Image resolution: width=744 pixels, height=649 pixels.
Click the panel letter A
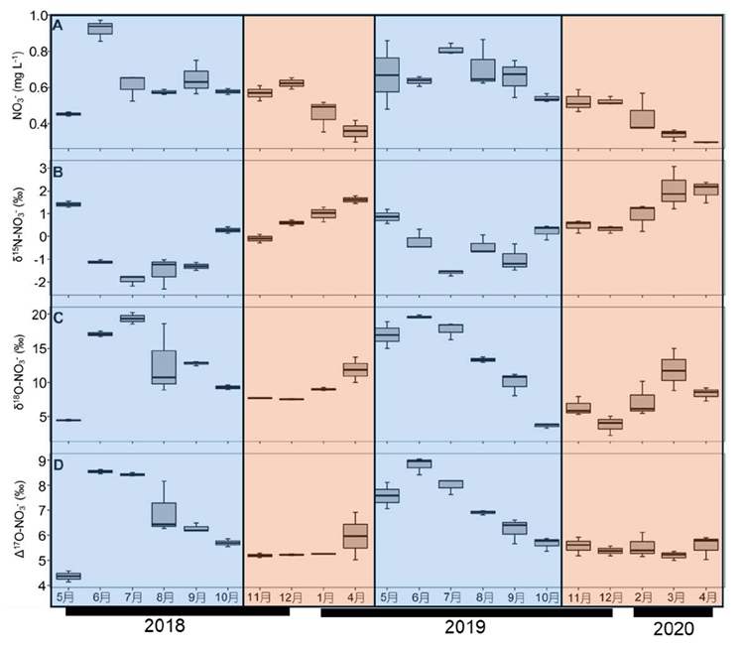[60, 26]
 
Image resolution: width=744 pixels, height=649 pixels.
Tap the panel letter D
[59, 464]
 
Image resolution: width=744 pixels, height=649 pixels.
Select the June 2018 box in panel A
[99, 28]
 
